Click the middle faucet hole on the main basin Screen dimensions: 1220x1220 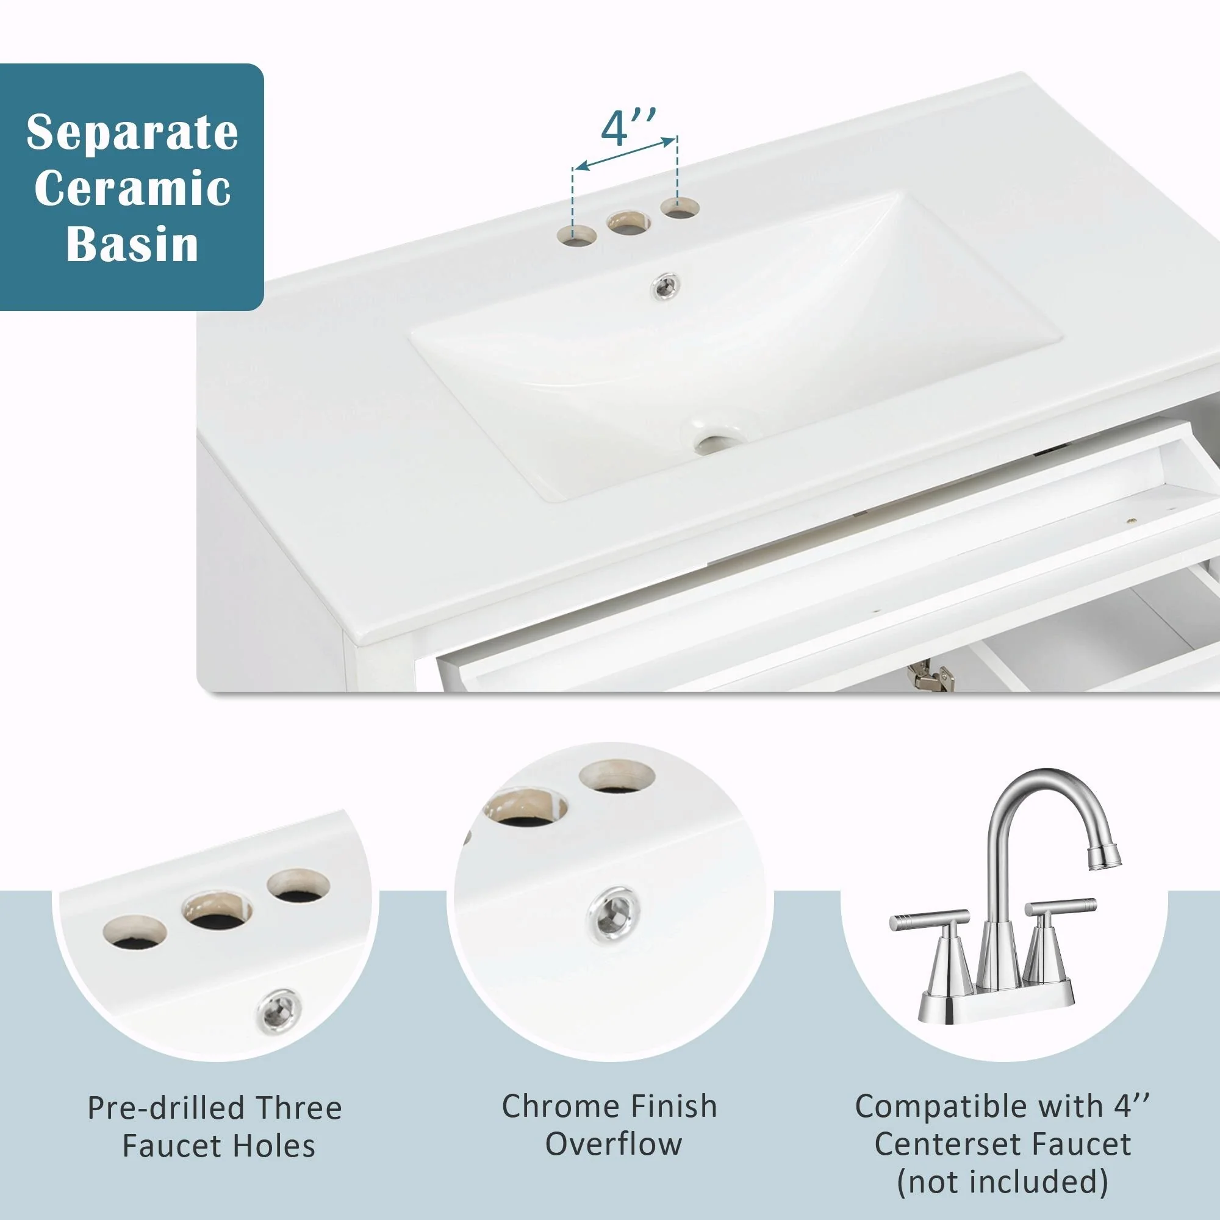click(628, 221)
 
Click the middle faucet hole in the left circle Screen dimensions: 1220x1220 click(217, 911)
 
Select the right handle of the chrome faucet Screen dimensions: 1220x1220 click(1060, 907)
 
